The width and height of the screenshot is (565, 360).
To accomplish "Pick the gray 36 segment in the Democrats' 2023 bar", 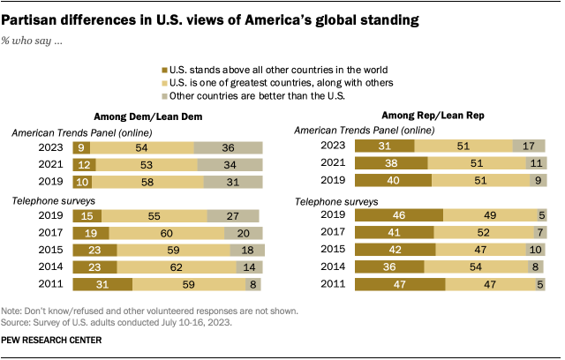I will click(230, 148).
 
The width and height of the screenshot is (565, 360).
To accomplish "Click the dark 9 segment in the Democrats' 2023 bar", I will click(82, 148).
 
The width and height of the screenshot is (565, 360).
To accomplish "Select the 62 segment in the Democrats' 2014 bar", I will click(177, 267).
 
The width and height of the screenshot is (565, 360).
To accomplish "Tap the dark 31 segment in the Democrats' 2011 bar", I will click(102, 285).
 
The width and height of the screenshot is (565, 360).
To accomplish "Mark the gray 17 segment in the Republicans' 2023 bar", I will click(528, 146).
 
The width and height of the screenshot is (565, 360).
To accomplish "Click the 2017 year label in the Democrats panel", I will click(46, 232).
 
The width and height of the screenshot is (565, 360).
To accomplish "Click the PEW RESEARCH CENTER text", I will click(52, 341).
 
